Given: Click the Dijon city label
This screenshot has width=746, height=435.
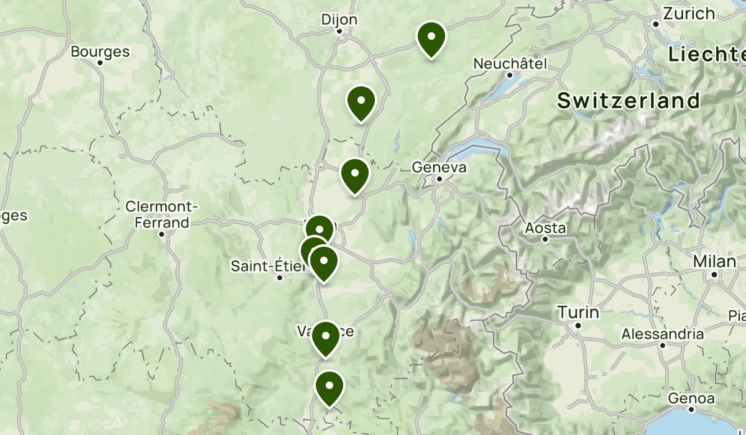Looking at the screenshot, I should (x=339, y=19).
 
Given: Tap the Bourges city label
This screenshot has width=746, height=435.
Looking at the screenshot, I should (x=100, y=52).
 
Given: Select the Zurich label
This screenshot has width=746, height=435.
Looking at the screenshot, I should (x=689, y=13).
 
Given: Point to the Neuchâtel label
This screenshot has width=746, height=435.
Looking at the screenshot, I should (x=510, y=63).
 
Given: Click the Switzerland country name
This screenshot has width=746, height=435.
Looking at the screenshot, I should (x=629, y=101).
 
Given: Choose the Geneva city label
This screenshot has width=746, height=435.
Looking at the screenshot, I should (x=439, y=167).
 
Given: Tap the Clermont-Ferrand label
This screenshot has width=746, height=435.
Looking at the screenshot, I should (x=162, y=214).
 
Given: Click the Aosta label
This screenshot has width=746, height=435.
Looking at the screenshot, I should (x=545, y=227).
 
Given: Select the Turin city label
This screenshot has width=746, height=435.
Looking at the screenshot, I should (x=578, y=312).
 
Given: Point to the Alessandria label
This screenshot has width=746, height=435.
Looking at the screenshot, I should (x=663, y=334).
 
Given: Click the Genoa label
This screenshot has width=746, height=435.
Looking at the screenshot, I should (x=692, y=398).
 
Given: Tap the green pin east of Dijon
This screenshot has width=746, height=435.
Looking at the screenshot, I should (x=431, y=38).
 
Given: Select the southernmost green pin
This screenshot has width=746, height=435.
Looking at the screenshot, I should (x=329, y=387).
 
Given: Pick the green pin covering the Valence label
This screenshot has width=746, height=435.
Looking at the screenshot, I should (x=325, y=337).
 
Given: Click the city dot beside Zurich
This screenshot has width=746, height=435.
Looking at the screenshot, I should (x=656, y=24).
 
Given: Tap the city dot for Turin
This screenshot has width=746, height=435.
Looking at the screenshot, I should (x=578, y=325).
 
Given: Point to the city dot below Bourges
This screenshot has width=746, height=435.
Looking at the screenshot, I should (x=100, y=63).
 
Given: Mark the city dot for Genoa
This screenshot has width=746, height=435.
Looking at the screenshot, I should (x=692, y=410).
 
